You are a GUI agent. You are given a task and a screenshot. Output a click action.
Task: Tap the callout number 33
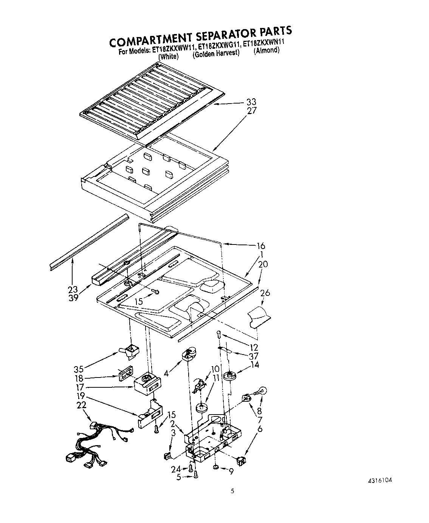tap(251, 102)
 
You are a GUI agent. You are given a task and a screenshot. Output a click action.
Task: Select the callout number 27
tap(252, 111)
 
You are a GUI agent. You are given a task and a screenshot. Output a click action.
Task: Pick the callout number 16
tap(261, 246)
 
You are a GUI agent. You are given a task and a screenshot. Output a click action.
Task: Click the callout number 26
tap(265, 293)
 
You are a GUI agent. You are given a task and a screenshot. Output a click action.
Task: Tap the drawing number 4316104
tap(380, 481)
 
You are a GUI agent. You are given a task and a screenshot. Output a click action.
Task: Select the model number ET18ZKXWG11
tap(218, 47)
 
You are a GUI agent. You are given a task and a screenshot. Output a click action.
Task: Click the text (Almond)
tap(266, 50)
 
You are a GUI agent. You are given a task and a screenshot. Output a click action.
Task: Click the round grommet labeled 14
tap(230, 377)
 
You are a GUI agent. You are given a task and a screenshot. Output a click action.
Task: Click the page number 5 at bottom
tap(232, 491)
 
